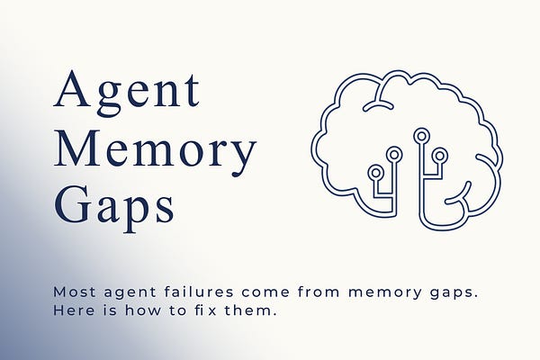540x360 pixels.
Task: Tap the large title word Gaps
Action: point(114,205)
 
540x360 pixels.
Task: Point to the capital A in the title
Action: point(74,92)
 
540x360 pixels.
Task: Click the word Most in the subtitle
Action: point(72,292)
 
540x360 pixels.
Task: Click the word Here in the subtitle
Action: point(71,311)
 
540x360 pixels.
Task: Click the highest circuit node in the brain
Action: point(420,136)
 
